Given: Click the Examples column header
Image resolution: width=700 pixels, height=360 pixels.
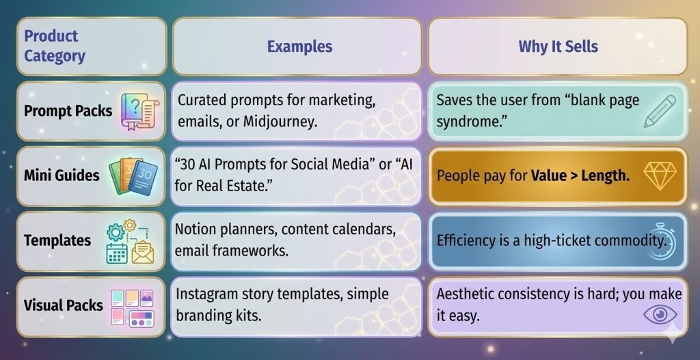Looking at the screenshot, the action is pos(299,46).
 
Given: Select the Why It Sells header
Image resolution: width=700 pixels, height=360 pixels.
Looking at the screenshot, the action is pos(558,46).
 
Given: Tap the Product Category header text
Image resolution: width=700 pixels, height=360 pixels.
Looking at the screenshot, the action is pos(54,46).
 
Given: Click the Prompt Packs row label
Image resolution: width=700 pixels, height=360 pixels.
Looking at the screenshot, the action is pos(68,111).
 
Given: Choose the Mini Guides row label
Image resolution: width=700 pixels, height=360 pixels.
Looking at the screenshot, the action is pos(62,175).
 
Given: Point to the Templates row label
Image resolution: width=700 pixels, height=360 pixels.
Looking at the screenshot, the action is pos(57,240).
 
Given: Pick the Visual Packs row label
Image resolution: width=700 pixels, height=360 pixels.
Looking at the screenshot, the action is pos(63,305).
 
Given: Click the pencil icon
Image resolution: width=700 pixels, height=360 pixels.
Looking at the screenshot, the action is pos(660,111).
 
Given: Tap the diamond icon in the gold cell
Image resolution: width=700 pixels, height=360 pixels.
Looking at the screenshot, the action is pos(660,174).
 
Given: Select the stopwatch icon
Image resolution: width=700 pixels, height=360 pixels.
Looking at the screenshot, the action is pos(661,241).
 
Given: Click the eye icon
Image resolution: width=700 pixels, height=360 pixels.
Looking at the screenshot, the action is pos(660,315).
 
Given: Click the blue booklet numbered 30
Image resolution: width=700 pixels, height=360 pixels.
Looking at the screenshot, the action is pos(143,178).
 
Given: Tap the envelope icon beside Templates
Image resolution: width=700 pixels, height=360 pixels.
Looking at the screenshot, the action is pos(142,251).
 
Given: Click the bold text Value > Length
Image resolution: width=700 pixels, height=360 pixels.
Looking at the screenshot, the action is pos(580,176).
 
